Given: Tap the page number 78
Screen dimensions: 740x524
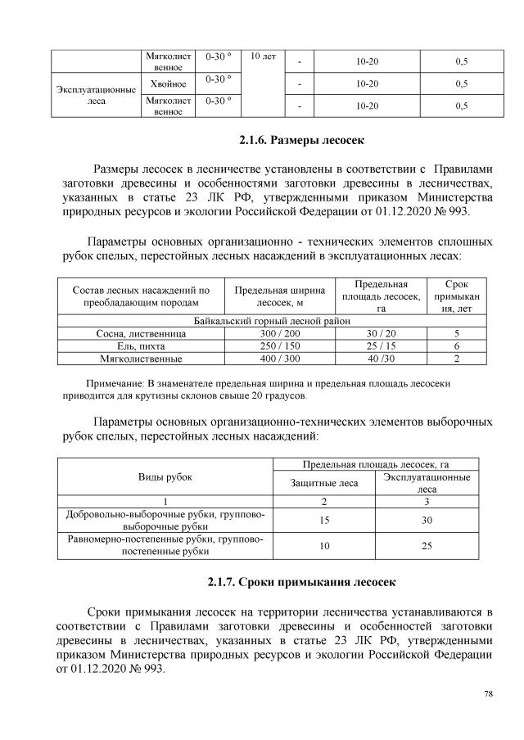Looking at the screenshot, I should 488,694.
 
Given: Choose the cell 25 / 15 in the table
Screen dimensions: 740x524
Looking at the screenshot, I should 381,346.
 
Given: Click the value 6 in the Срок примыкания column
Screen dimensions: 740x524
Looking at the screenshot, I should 456,346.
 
